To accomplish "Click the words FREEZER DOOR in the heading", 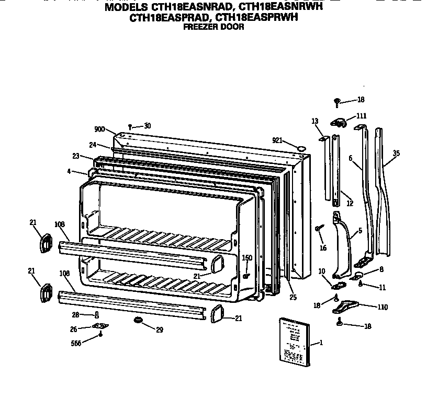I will point(213,27).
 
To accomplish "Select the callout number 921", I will point(278,140).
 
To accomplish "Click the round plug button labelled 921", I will point(301,149).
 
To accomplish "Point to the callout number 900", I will point(99,129).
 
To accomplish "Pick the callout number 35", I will point(396,153).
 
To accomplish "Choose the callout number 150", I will point(247,257).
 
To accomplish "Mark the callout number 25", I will point(293,297).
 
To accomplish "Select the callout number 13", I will point(315,121).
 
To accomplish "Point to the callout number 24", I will point(92,145).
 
